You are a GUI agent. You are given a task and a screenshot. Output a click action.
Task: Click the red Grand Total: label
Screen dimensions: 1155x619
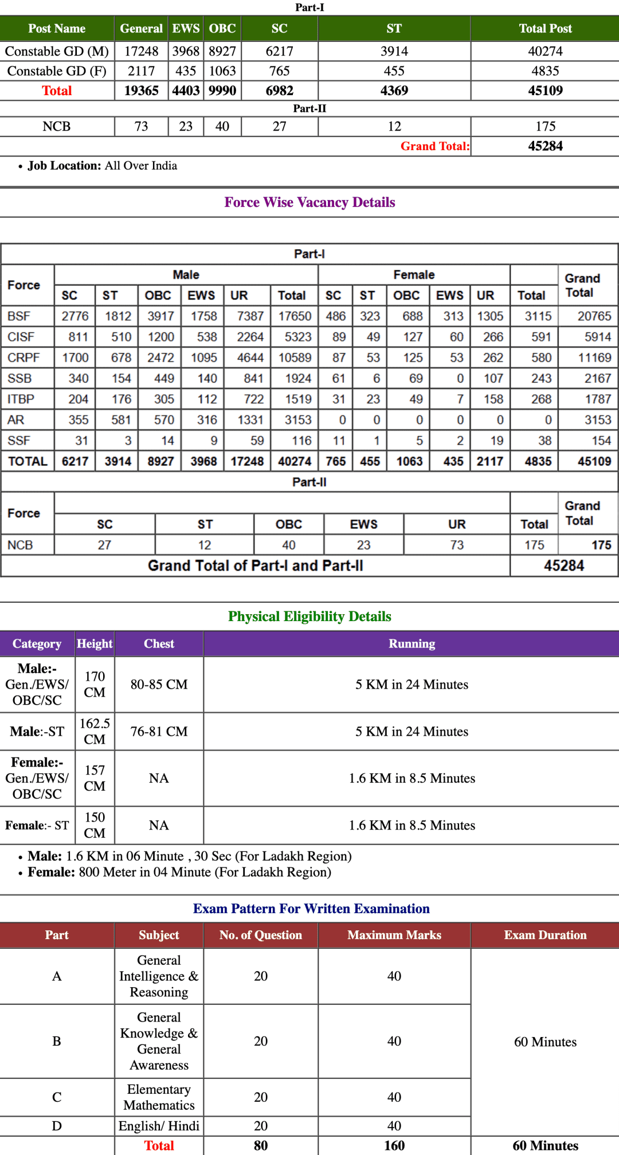coord(435,146)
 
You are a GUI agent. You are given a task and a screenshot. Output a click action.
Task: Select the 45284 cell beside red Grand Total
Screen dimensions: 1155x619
coord(545,146)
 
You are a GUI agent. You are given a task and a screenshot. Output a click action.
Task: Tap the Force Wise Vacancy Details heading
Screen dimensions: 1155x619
coord(309,202)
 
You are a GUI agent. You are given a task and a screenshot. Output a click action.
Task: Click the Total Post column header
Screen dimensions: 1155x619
coord(545,29)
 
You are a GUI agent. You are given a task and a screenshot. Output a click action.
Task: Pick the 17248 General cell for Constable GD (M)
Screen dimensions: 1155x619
coord(141,52)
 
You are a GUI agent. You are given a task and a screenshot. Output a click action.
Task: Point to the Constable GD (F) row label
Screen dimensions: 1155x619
coord(57,71)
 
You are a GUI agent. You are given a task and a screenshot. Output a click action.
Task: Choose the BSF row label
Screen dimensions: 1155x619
coord(19,316)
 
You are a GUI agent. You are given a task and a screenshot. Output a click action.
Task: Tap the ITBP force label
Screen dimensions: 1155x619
coord(21,399)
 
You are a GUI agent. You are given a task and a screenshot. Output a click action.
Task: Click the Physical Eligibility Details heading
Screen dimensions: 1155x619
coord(309,616)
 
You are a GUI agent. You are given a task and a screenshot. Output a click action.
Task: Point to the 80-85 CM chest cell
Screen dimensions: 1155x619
coord(159,685)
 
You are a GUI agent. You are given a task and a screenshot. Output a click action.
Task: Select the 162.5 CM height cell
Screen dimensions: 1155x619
coord(95,732)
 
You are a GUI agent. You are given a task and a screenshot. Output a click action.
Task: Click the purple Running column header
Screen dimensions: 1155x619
coord(412,644)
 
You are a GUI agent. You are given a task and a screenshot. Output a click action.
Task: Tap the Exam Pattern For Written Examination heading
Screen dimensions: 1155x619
coord(311,909)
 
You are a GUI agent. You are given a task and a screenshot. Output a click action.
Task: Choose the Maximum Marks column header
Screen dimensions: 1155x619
coord(394,935)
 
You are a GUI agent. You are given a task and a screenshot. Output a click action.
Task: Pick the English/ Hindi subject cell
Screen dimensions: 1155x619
coord(159,1126)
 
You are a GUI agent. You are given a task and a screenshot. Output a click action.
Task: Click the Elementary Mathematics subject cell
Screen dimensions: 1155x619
coord(159,1097)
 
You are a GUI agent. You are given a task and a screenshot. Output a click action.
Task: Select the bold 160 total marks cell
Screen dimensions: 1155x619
coord(394,1146)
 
